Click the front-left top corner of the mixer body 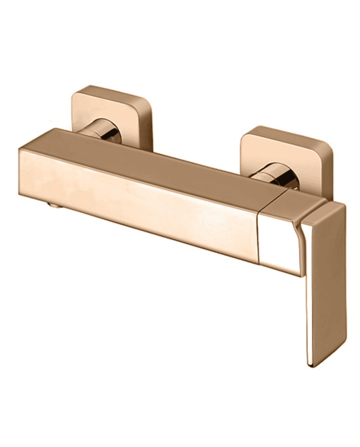(x=20, y=150)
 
